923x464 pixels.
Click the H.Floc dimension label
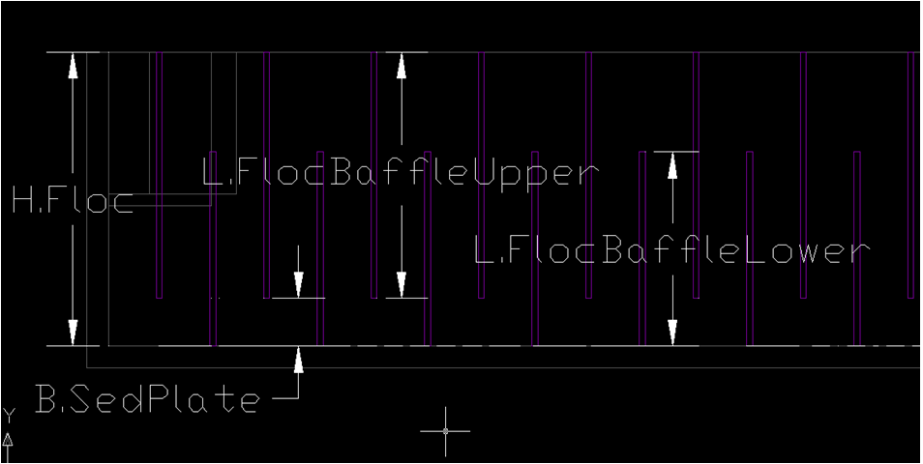[73, 202]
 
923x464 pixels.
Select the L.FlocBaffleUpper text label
[401, 173]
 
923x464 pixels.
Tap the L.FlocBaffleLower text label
[671, 250]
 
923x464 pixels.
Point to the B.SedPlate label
[147, 400]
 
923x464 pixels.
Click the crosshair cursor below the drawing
[445, 431]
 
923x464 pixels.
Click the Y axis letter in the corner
[10, 416]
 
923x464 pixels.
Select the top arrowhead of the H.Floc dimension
[73, 66]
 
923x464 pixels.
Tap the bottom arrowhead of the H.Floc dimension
[73, 333]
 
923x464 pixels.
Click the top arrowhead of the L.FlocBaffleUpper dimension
[402, 66]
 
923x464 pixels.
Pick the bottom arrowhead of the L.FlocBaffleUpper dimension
[402, 284]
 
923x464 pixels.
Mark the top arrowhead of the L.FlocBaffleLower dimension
[672, 165]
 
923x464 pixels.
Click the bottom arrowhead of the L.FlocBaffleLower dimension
[672, 333]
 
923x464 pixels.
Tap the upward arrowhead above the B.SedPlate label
[298, 360]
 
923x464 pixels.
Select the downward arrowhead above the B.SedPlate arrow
[298, 284]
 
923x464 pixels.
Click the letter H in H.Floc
[23, 202]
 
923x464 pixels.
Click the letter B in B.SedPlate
[45, 400]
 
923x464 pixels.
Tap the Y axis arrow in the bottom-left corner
[9, 447]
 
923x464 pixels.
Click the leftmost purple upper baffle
[159, 175]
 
